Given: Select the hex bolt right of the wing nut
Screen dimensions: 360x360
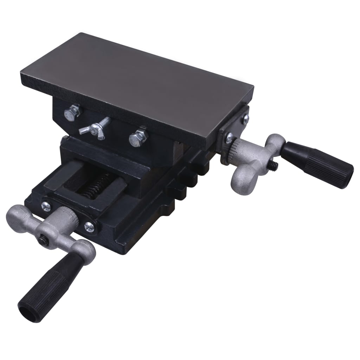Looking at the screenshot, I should point(138,137).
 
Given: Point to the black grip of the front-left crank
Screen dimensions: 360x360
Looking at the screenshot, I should point(49,281).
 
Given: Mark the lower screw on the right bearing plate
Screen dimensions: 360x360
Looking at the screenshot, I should point(230,139).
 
